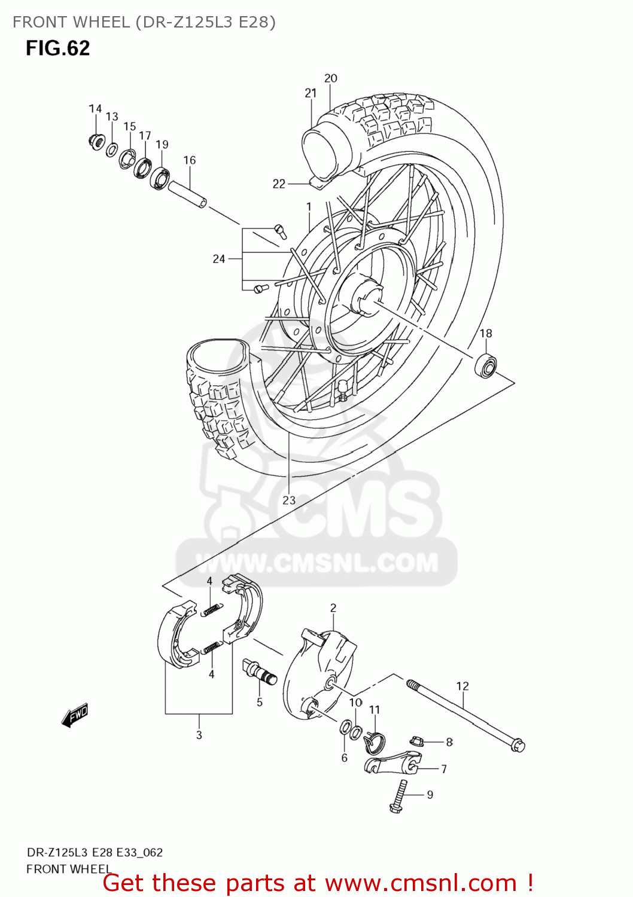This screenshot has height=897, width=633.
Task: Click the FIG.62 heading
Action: click(57, 48)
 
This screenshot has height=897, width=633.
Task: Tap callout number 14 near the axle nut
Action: click(95, 109)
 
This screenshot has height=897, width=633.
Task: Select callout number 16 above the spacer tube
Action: click(190, 160)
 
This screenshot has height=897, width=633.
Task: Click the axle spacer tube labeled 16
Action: click(187, 194)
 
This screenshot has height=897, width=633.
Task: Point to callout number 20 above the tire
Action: click(331, 78)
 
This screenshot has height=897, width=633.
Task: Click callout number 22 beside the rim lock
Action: click(279, 184)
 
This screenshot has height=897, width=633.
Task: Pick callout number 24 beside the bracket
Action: click(219, 259)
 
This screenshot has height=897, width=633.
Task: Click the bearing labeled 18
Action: click(485, 365)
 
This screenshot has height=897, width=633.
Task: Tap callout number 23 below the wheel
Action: click(289, 501)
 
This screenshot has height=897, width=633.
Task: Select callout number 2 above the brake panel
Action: click(333, 608)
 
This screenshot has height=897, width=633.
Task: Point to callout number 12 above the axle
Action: click(462, 687)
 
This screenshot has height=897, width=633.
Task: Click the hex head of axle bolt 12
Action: click(518, 746)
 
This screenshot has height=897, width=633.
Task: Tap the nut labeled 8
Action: click(418, 742)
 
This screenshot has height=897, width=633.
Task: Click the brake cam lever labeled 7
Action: click(389, 763)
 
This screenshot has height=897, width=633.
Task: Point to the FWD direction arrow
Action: click(75, 715)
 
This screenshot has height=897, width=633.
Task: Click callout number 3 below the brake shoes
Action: click(199, 735)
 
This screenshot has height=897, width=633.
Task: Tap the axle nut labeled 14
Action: click(95, 142)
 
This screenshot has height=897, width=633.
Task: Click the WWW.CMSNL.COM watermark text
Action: click(317, 563)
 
